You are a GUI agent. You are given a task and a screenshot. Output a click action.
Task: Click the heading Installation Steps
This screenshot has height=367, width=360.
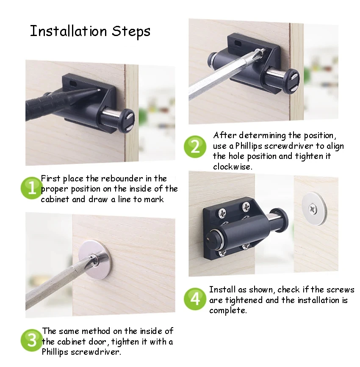[x=90, y=31]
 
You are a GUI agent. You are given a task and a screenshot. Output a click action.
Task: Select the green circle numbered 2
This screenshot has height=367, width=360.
[x=195, y=147]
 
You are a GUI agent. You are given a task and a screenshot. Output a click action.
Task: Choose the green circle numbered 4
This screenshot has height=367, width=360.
[x=195, y=299]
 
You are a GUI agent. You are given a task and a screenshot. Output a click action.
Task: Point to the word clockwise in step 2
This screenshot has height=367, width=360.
[x=233, y=167]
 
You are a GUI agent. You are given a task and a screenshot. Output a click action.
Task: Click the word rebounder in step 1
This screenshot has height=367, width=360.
[x=120, y=178]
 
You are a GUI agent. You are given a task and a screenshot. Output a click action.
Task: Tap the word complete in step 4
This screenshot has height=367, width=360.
[x=227, y=310]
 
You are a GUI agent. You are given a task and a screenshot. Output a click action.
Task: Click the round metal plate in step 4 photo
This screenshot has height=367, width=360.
[x=314, y=208]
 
